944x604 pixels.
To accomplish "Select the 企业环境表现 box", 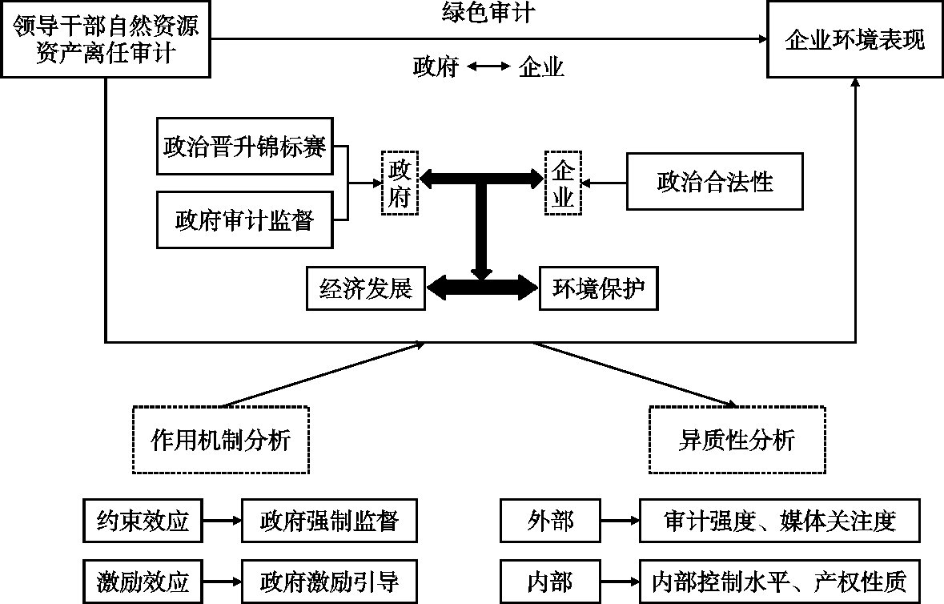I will coord(854,40).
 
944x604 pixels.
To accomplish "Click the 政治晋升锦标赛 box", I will coord(245,147).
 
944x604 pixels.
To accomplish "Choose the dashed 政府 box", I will coord(400,182).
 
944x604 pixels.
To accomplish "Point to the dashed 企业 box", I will coord(563,182).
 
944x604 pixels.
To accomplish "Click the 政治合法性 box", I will coord(715,182).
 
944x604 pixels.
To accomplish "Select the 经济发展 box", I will coord(366,288).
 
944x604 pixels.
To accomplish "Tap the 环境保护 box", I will coord(599,288).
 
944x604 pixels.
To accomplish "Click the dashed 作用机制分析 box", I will coord(221,440).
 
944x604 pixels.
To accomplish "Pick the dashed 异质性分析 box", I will coord(737,440).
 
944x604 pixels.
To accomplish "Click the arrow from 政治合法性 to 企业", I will coord(605,182).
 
